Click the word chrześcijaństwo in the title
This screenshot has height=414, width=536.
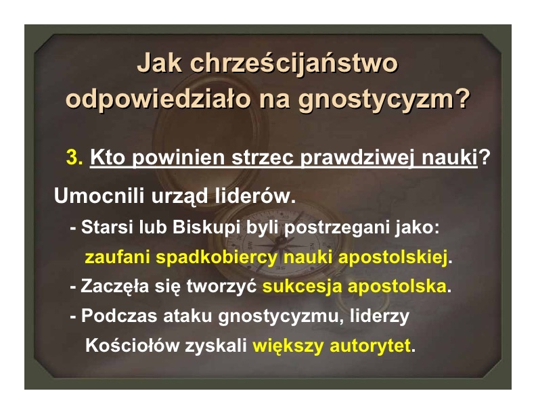(293, 64)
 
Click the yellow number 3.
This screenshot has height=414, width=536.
(74, 157)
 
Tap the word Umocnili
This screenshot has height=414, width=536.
(99, 195)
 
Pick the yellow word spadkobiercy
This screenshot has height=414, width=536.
(216, 257)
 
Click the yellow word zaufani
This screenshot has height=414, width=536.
(117, 256)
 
